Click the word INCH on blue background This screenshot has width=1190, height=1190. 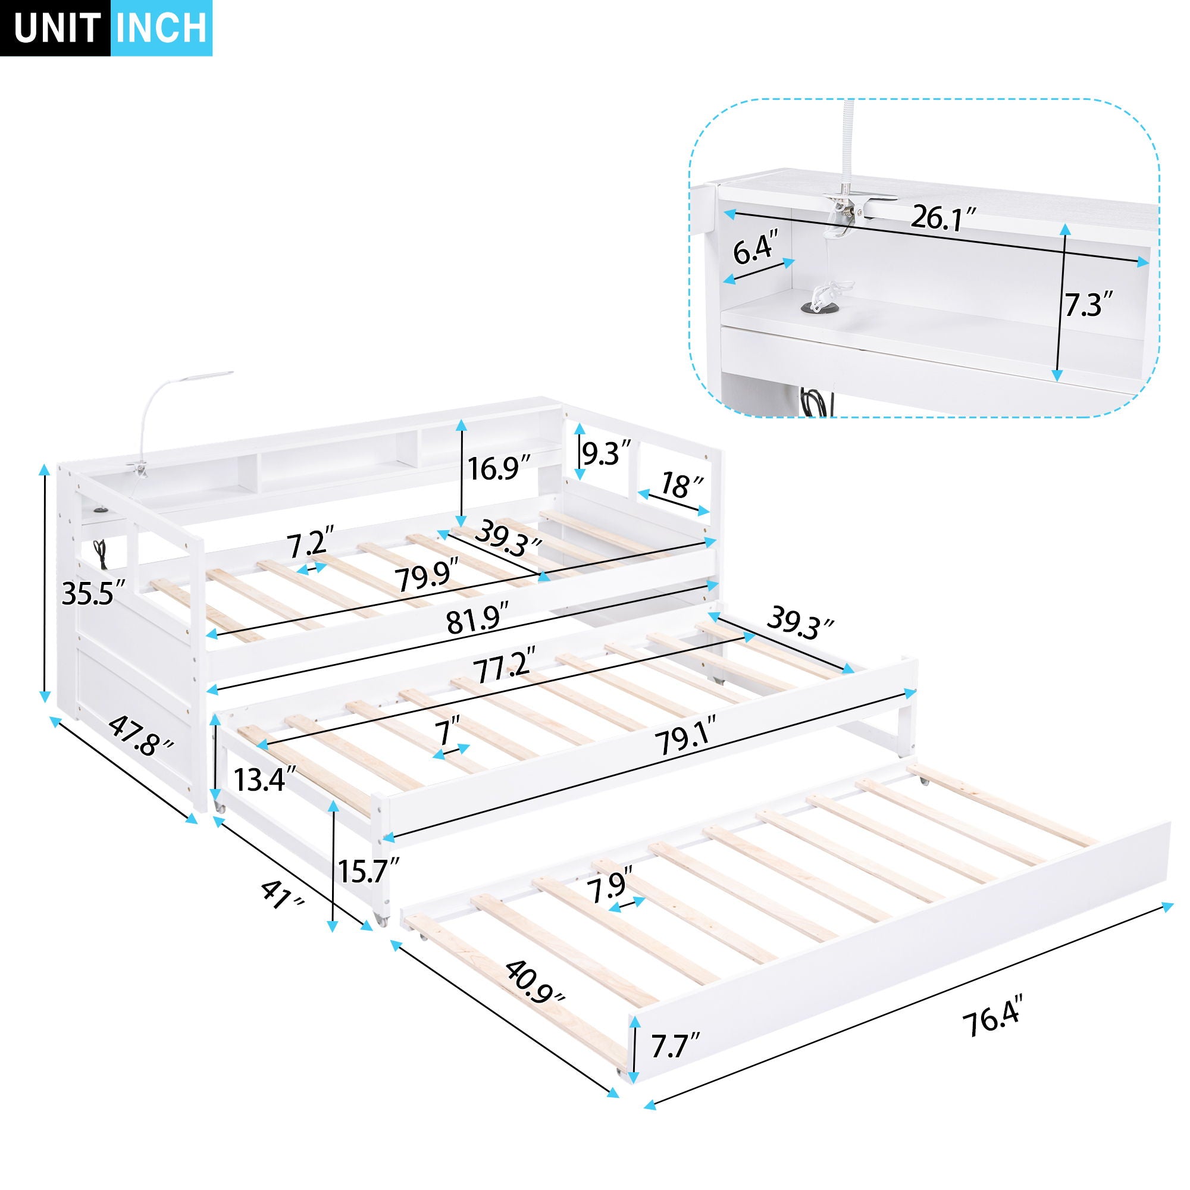161,28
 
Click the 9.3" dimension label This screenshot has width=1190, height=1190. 607,453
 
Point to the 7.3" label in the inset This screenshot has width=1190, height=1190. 1089,303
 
